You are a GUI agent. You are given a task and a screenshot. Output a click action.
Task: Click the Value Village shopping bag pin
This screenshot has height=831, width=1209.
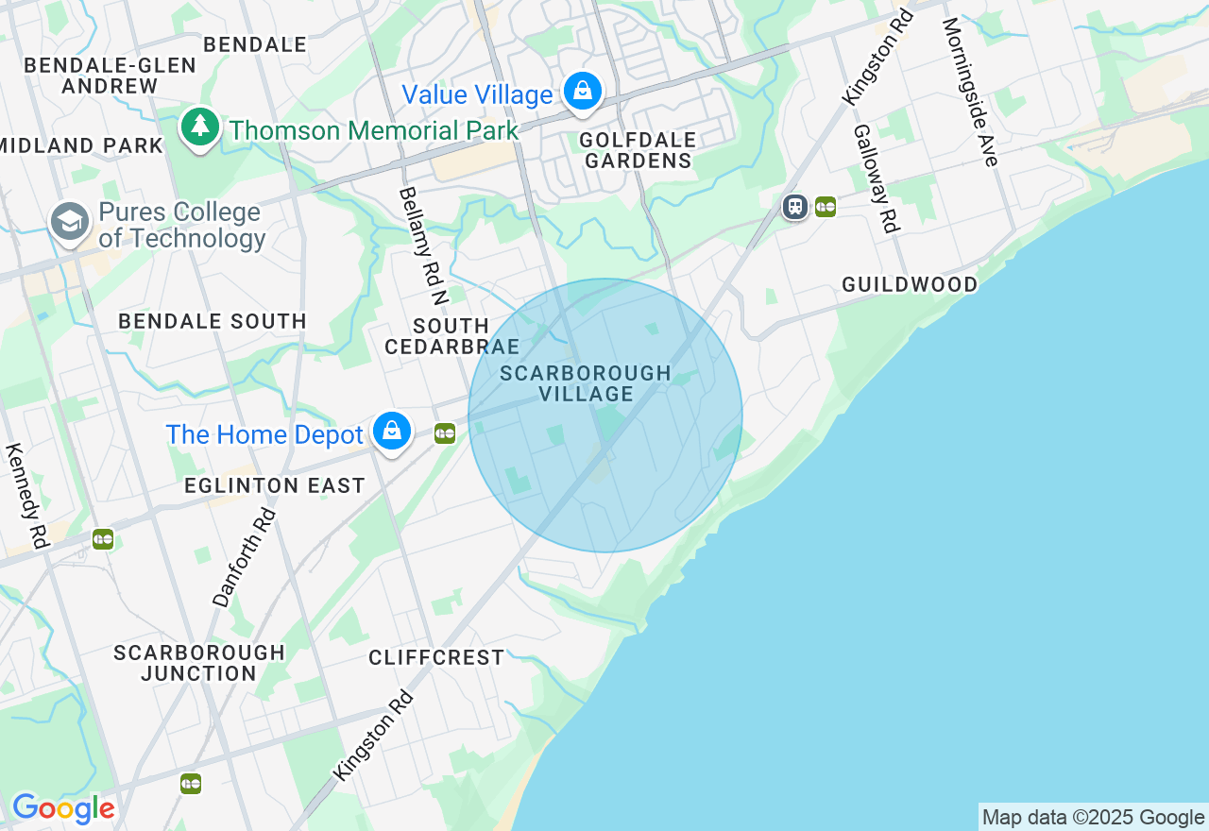(x=584, y=92)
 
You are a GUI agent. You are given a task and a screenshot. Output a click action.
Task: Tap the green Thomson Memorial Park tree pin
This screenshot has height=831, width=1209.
(x=199, y=127)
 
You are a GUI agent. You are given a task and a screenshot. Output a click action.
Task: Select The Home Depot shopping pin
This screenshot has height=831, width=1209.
(x=391, y=432)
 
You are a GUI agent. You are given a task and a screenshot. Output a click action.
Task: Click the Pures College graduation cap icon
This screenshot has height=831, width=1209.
(x=70, y=223)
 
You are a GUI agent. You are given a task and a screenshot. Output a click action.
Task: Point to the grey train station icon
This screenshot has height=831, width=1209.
(x=795, y=207)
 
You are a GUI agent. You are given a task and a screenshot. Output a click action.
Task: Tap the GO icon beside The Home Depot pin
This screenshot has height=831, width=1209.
(x=445, y=433)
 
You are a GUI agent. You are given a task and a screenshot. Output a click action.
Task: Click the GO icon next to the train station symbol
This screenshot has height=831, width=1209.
(x=826, y=207)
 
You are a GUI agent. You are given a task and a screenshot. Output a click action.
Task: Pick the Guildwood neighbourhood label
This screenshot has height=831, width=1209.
(x=910, y=284)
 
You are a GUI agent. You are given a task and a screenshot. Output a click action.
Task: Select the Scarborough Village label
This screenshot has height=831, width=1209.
(x=586, y=383)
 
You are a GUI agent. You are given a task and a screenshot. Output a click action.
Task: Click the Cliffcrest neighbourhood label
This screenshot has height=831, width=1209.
(x=436, y=657)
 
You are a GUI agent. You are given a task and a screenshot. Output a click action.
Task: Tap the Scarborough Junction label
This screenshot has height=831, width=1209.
(x=199, y=663)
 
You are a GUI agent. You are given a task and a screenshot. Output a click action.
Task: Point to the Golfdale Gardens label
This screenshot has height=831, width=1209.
(x=638, y=150)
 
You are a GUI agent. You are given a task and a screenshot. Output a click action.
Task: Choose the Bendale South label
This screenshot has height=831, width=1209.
(x=213, y=321)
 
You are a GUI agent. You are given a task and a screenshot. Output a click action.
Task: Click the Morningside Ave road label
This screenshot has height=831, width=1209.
(x=970, y=92)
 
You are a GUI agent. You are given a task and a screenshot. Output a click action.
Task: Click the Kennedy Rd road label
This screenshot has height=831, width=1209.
(x=26, y=496)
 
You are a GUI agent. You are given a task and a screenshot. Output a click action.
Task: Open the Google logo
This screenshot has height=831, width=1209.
(x=63, y=808)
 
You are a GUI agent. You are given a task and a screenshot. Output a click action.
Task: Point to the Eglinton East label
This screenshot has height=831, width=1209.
(x=275, y=485)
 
